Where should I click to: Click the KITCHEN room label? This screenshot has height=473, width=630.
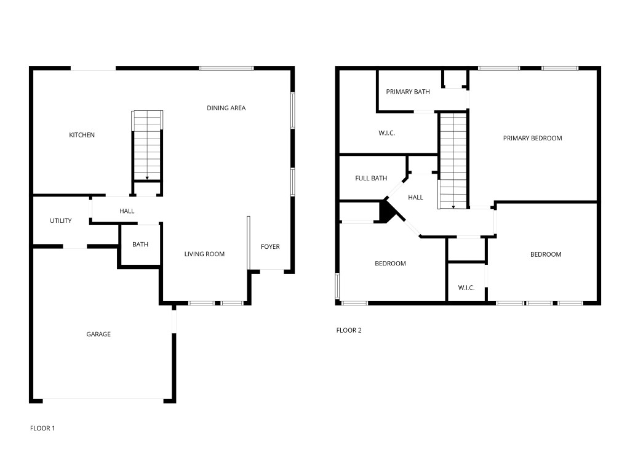coord(82,135)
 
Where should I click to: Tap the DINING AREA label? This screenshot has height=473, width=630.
coord(226,108)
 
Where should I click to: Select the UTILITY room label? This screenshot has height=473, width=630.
coord(61,221)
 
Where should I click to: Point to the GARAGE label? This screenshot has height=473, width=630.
coord(98,334)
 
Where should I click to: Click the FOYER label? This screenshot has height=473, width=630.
coord(270,247)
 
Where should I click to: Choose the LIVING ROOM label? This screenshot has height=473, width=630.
coord(204,254)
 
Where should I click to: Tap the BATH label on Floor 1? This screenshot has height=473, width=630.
coord(140,245)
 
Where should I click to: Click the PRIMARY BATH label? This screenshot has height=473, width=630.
coord(408,92)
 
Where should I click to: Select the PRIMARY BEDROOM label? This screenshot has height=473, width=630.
coord(532,138)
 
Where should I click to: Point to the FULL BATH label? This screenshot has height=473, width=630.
coord(371,179)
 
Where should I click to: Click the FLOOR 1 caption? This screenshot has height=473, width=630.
coord(42,428)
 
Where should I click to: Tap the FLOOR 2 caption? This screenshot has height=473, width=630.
coord(349,330)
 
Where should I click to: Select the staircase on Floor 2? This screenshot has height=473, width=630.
coord(453,160)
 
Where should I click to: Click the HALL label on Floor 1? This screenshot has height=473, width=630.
coord(127,211)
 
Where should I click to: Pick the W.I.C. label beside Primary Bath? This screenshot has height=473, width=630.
coord(386,133)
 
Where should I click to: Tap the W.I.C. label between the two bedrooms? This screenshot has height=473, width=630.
coord(466,288)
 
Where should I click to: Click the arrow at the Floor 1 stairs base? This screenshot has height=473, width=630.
coord(148,178)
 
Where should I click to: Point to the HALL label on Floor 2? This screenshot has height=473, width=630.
coord(416,198)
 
